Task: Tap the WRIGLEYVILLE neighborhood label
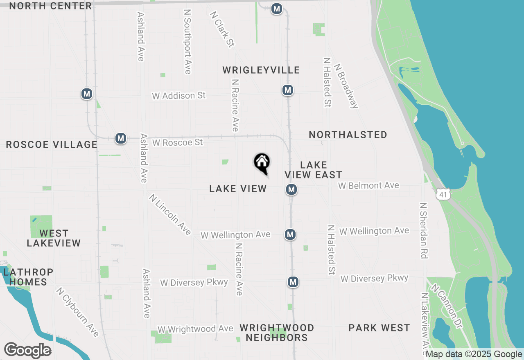tap(261, 70)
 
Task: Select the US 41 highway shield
tap(443, 194)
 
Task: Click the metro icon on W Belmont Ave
tap(291, 189)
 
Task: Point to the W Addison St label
tap(179, 96)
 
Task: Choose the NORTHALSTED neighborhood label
tap(348, 135)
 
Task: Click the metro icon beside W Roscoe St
tap(120, 138)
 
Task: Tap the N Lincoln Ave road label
tap(170, 214)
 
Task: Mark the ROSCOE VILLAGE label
tap(52, 144)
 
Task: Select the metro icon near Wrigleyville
tap(288, 90)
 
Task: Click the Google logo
tap(27, 350)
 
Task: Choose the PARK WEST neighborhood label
tap(379, 328)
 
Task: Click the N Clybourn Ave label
tap(78, 312)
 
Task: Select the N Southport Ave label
tap(187, 42)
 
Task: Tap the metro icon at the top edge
tap(277, 8)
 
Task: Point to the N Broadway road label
tap(346, 86)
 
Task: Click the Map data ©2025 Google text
tap(474, 354)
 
